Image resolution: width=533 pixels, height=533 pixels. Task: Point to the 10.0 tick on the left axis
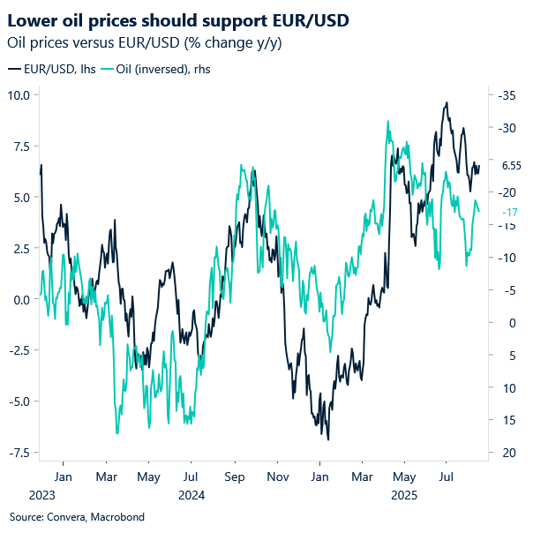[19, 94]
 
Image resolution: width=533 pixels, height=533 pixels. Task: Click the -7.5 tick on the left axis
[19, 453]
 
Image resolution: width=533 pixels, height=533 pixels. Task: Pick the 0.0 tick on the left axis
[21, 299]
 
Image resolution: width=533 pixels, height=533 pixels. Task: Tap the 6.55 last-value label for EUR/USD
[511, 165]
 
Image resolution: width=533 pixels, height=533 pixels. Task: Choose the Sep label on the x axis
[235, 477]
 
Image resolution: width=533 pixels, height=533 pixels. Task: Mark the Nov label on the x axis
[278, 477]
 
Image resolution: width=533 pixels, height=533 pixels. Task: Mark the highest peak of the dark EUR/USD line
[447, 102]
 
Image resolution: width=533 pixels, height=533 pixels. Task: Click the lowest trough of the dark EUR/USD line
[328, 439]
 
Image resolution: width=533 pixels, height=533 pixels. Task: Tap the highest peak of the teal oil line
[388, 122]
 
